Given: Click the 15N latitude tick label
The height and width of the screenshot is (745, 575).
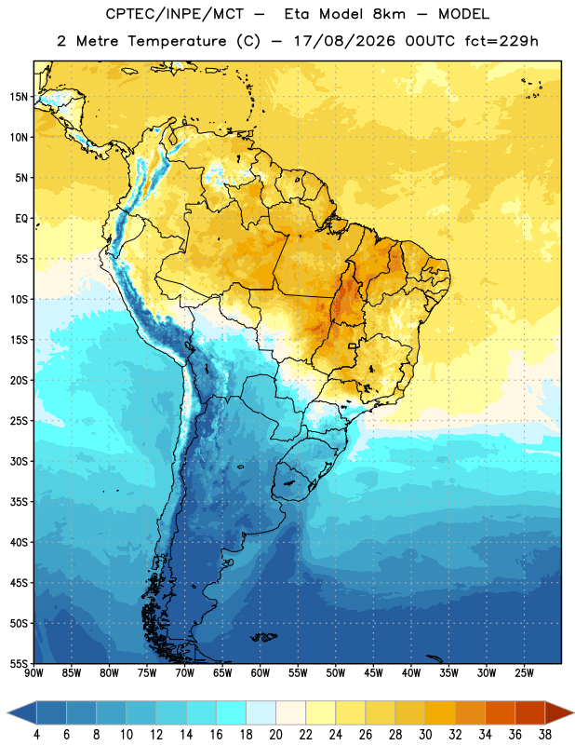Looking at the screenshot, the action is [19, 97].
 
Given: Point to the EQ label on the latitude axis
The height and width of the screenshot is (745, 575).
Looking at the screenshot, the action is [21, 219].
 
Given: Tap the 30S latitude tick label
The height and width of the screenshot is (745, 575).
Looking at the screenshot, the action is [19, 461].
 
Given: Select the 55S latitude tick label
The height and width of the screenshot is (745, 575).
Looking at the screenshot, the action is [19, 663].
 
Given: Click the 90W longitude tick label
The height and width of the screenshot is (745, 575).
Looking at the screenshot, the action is [33, 673].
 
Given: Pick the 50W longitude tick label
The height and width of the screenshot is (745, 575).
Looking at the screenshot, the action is [336, 673].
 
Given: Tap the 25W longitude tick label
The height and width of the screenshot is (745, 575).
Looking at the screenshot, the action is [524, 673].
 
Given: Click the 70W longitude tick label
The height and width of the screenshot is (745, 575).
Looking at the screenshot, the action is [185, 673].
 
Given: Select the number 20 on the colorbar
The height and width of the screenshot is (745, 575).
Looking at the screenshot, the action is [275, 735].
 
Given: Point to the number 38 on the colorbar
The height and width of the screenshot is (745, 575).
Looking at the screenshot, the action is [545, 735].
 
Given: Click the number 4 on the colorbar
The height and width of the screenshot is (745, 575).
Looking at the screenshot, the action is [36, 735].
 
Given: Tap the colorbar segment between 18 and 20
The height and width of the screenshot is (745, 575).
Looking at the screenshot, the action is [261, 712].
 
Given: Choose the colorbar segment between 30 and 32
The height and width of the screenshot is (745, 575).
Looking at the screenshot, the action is [441, 712].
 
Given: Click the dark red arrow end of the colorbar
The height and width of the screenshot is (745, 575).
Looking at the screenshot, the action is [558, 712].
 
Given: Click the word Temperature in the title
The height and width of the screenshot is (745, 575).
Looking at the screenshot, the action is [177, 41].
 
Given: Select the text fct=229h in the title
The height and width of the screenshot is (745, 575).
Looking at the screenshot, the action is [501, 41].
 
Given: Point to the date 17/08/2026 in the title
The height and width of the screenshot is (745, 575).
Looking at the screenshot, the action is [344, 41].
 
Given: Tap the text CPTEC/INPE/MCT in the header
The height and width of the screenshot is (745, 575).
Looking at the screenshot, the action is [175, 14].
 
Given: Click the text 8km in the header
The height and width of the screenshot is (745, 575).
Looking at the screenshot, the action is [389, 14].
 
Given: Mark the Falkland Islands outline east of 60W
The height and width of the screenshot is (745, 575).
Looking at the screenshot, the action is [263, 637].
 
